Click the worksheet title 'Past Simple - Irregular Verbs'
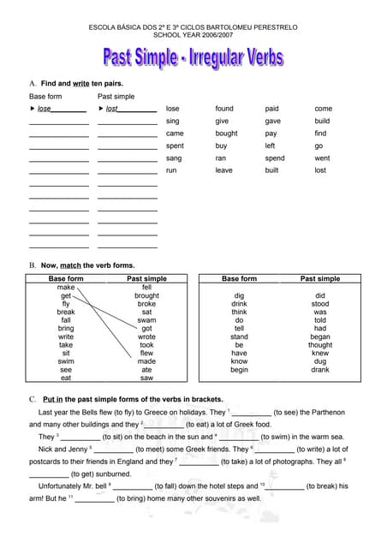(x=193, y=58)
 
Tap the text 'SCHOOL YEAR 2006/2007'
(x=193, y=35)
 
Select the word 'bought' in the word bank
(x=226, y=134)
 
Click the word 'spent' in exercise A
(x=175, y=146)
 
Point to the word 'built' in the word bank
(x=271, y=170)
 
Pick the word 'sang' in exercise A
(x=174, y=158)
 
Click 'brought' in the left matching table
(x=146, y=295)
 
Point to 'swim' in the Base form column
(x=66, y=360)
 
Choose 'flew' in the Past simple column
(x=146, y=353)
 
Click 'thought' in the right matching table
(x=319, y=345)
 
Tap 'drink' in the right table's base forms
(x=239, y=304)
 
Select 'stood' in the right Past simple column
(x=319, y=304)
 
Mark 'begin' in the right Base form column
(x=239, y=370)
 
